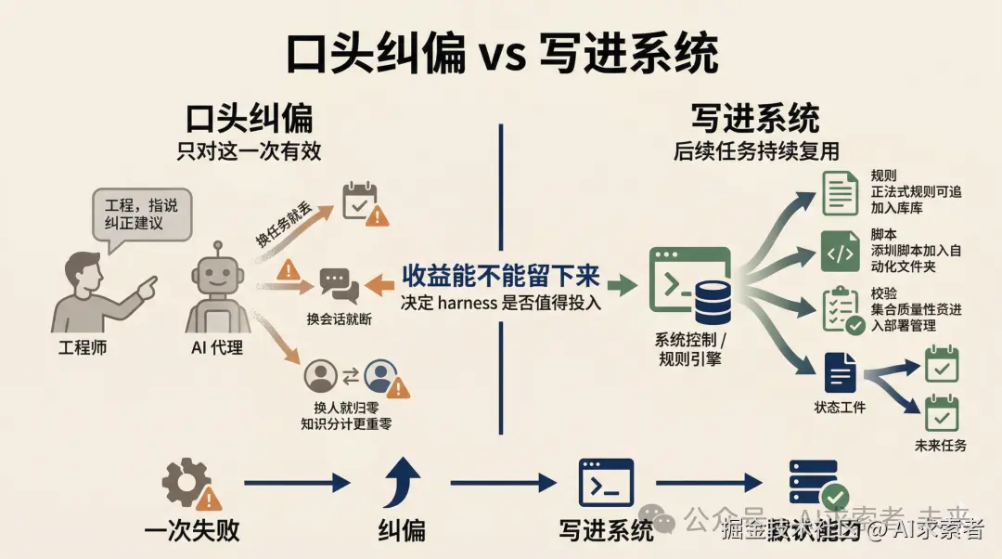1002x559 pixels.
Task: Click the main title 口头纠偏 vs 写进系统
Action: pyautogui.click(x=501, y=55)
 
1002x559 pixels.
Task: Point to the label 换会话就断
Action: pyautogui.click(x=339, y=318)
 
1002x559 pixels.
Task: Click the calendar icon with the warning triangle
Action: pyautogui.click(x=363, y=203)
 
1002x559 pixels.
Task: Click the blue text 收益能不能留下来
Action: pyautogui.click(x=501, y=276)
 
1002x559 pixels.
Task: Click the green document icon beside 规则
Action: pyautogui.click(x=841, y=193)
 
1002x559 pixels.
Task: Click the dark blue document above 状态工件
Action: pyautogui.click(x=841, y=373)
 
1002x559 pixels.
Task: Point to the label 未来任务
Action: pyautogui.click(x=941, y=445)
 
